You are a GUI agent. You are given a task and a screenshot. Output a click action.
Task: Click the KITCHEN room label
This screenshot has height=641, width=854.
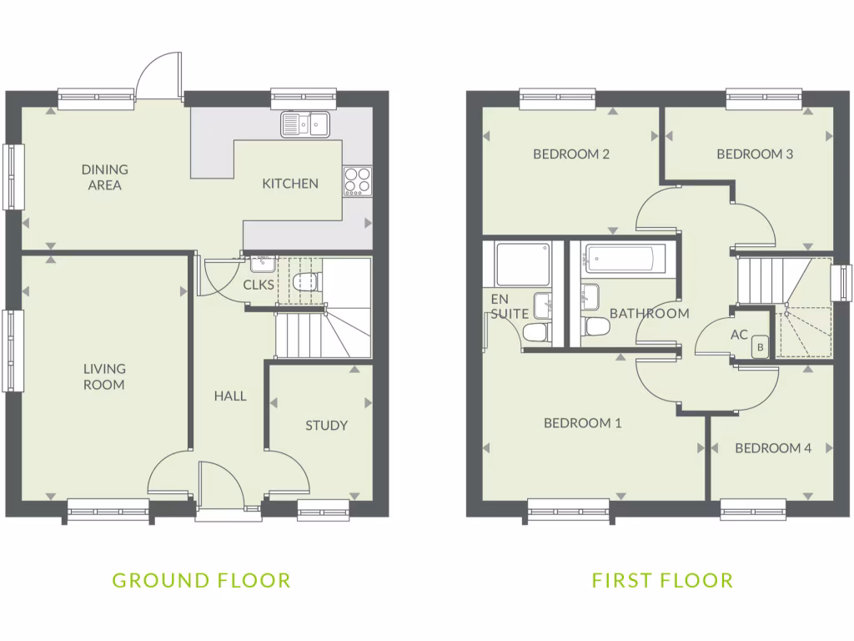coord(290,184)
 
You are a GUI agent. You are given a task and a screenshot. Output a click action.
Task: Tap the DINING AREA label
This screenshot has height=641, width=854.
coord(105,177)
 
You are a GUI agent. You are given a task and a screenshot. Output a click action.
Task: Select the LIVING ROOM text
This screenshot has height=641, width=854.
coord(104,376)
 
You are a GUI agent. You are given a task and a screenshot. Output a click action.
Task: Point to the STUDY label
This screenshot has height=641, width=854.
coord(326,426)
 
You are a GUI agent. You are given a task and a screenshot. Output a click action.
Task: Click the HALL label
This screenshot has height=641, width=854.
coord(230,396)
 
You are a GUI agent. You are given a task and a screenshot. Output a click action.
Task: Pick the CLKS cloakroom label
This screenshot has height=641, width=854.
coord(258,285)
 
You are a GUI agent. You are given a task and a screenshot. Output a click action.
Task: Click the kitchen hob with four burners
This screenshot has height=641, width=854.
coord(358,182)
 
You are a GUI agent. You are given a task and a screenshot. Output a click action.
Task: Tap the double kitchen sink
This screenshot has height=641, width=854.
coord(305,124)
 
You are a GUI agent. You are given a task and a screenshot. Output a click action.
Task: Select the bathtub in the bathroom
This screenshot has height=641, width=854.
coord(624,259)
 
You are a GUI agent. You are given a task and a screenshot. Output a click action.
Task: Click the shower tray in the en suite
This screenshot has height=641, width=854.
coord(522,264)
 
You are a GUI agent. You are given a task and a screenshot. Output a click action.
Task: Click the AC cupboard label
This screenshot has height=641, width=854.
coord(739,335)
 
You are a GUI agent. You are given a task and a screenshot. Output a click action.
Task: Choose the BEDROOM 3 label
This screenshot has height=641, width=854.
coord(754,154)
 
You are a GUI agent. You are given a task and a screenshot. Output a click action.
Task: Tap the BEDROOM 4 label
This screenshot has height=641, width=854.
coord(773,448)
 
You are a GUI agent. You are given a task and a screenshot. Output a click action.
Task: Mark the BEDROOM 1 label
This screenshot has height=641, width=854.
coord(583,423)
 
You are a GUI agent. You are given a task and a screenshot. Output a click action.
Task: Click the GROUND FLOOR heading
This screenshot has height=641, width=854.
coord(201,580)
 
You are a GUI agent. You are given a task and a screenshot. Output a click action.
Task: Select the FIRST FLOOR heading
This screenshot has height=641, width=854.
coord(663,580)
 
